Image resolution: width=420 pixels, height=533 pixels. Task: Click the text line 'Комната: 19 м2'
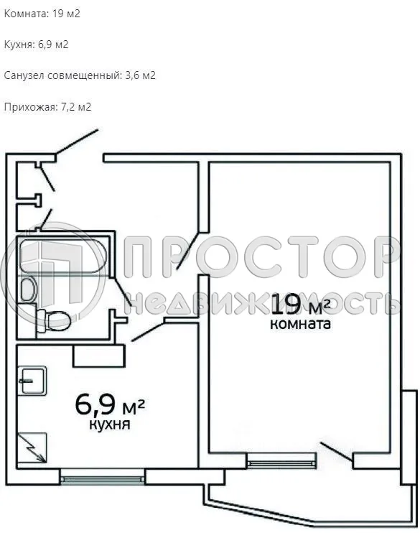coord(42,14)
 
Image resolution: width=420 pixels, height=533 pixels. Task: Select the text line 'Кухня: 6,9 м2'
coord(36,45)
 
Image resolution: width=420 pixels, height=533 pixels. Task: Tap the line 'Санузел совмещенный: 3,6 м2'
coord(80,75)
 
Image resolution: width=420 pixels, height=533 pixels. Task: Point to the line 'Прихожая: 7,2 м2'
coord(47,107)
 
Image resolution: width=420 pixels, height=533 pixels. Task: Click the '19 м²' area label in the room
coord(301,305)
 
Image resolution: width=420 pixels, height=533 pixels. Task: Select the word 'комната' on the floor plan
coord(300,324)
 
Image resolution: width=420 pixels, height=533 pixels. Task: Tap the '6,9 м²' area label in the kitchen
coord(110,404)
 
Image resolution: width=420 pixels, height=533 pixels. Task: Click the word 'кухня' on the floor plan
coord(109,425)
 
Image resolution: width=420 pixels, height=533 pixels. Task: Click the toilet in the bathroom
coord(53,318)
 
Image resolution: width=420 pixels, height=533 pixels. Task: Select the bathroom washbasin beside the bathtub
coord(28,290)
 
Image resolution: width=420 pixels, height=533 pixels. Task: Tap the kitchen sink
coord(32,380)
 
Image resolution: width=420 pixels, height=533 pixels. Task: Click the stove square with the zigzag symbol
coord(32,447)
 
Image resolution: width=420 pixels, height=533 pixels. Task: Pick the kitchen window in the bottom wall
coord(103,475)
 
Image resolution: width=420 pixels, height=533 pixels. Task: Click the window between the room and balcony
coord(281,460)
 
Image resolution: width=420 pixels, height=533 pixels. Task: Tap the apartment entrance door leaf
coord(76,142)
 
